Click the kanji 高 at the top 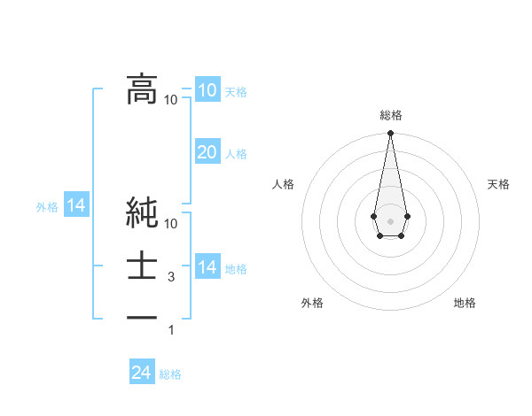(142, 89)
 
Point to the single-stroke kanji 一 (142, 318)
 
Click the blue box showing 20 (207, 152)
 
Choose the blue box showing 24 (142, 373)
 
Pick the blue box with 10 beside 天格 (207, 90)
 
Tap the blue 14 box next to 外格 (76, 206)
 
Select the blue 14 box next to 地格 (207, 267)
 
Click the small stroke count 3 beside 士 (172, 277)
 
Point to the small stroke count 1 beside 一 (172, 330)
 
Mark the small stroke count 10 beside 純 (171, 224)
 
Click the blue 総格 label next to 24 (170, 374)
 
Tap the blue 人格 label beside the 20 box (236, 154)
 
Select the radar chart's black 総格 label (390, 115)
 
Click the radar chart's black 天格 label (499, 184)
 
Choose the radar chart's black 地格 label (465, 303)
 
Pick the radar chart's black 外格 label (311, 303)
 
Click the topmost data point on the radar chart (390, 133)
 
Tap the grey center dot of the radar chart (390, 220)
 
